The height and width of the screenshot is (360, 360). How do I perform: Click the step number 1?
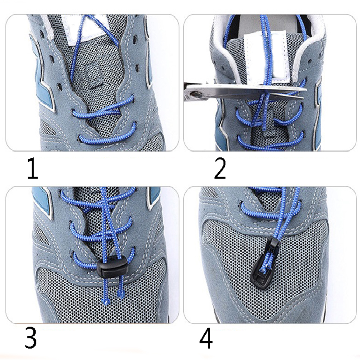pos(32,168)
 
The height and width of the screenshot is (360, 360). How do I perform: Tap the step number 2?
pos(220,168)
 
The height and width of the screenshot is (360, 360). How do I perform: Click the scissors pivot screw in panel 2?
pos(195,94)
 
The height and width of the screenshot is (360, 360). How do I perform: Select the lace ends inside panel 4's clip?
pos(266,264)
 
